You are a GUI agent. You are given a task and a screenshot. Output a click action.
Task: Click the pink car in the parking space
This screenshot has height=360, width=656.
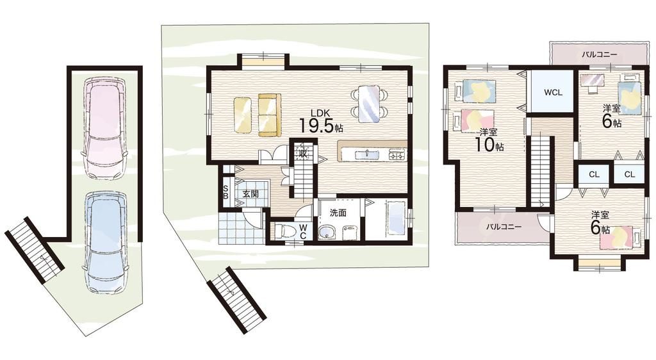pos(106,128)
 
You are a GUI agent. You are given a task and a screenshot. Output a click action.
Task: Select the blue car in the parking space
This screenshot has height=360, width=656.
pos(106,244)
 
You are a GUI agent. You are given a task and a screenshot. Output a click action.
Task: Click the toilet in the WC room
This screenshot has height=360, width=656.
pos(286,231)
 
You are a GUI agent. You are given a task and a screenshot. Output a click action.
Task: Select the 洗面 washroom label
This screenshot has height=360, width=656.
pos(338,213)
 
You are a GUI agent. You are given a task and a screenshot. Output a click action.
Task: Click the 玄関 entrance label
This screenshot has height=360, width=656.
pos(250,193)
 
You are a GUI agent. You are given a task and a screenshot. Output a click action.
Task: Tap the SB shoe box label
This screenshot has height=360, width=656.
pos(225,192)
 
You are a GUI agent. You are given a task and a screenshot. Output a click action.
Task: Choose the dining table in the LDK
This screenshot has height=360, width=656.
pos(368,103)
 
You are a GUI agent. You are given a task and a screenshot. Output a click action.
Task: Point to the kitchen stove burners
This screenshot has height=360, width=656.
pos(397,155)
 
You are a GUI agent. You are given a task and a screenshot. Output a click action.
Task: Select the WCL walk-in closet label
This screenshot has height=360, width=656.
pos(553,92)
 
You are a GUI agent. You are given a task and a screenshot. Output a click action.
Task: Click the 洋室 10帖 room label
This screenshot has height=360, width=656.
pos(488,140)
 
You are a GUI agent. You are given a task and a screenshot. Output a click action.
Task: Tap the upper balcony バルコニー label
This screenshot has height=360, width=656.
pos(600,54)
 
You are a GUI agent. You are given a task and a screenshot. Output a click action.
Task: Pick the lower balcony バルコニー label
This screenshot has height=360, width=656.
pos(504,227)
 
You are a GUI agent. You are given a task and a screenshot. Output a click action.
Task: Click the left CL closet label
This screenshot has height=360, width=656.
pos(594,174)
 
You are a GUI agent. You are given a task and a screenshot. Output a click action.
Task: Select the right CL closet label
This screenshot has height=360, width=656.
pos(630,174)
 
